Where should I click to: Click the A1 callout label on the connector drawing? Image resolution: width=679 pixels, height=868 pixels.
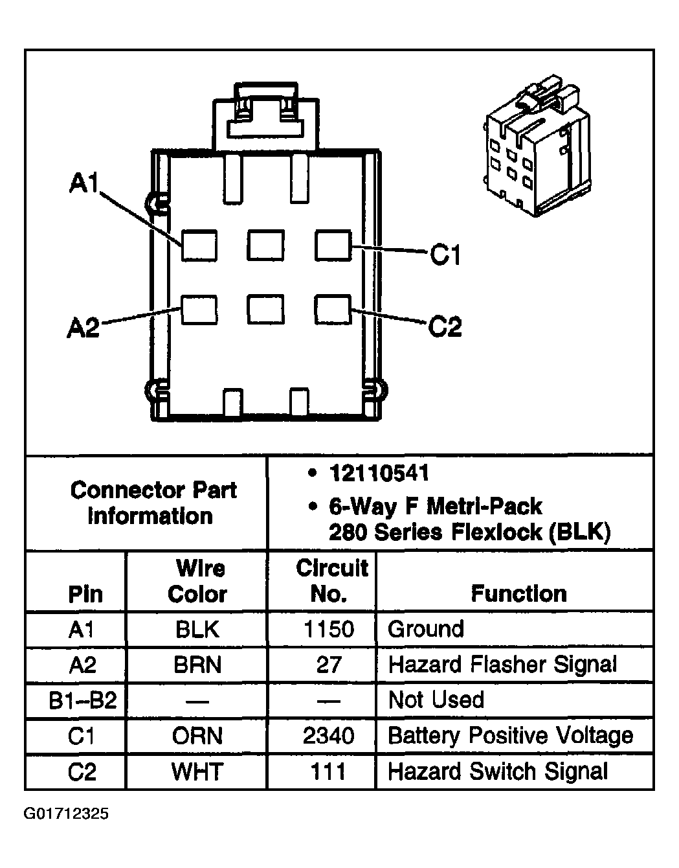pos(84,184)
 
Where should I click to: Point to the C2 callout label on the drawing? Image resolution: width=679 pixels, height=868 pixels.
pos(445,326)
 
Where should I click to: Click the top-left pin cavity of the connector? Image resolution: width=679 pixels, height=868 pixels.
pos(199,246)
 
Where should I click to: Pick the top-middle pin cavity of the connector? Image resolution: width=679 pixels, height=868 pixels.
pos(265,246)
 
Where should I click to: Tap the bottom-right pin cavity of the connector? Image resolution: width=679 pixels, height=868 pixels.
pos(333,310)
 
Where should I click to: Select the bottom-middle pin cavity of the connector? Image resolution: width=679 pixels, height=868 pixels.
pos(265,310)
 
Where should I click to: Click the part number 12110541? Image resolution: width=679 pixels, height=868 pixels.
pos(379,474)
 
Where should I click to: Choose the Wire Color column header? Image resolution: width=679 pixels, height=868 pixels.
pos(198,581)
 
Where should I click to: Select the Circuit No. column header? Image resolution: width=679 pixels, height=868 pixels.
pos(331,581)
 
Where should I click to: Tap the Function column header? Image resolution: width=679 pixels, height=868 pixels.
pos(518,593)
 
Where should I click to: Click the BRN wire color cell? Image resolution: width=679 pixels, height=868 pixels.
pos(197,665)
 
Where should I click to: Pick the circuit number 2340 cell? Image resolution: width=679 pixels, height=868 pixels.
pos(329,736)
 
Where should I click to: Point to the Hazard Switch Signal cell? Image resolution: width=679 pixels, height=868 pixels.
pos(498,771)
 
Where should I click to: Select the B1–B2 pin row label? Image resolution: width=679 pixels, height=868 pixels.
pos(82,700)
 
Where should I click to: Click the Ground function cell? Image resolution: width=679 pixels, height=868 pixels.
pos(426,629)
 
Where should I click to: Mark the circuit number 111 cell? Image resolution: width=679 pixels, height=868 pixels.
pos(329,771)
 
